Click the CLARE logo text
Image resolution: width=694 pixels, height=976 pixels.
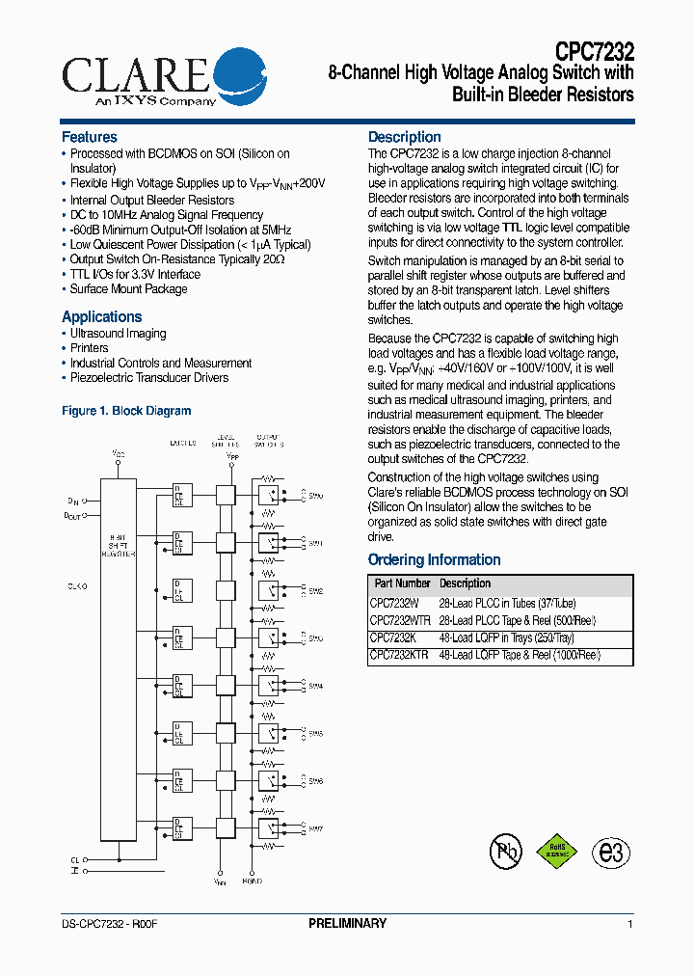(135, 74)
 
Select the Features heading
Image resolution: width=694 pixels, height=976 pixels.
(89, 137)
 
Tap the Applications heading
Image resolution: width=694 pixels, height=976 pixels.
(101, 316)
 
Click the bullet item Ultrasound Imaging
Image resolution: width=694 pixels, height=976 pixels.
(118, 334)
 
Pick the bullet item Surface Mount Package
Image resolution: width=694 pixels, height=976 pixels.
(128, 289)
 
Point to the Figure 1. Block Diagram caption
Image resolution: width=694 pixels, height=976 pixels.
(126, 411)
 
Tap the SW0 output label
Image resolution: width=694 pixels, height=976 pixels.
(315, 496)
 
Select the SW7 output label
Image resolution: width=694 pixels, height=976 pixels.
(315, 828)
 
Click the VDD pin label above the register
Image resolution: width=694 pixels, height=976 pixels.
(119, 452)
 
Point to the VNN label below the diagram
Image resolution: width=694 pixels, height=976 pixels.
(221, 881)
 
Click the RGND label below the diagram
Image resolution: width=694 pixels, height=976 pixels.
(253, 881)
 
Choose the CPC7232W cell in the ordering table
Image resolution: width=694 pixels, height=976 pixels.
(394, 603)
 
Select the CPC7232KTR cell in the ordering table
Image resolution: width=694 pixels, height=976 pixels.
(400, 655)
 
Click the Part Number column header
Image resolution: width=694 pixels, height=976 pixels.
(402, 583)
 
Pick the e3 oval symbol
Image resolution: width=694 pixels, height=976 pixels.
(611, 853)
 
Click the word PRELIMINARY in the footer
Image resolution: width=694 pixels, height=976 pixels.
(347, 924)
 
